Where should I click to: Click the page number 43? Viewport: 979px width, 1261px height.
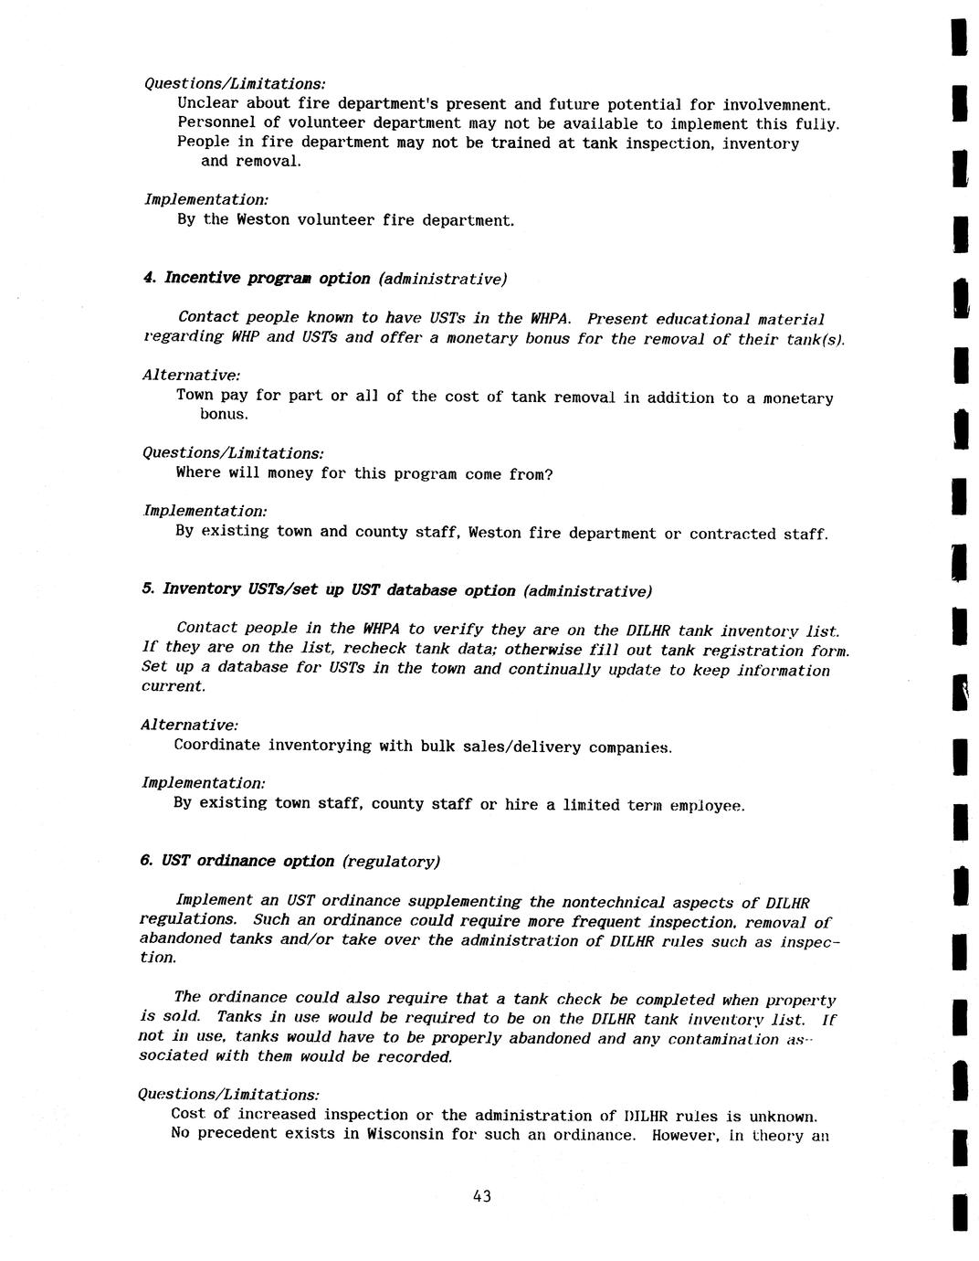(x=482, y=1196)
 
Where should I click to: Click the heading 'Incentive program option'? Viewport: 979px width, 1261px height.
(x=267, y=278)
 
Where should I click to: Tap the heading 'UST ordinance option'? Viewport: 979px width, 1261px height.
(x=247, y=861)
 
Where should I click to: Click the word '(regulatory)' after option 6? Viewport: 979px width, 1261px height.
(x=392, y=862)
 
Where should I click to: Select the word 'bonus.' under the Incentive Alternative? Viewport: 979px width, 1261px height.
(x=224, y=414)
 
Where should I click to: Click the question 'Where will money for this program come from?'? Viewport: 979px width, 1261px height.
(x=364, y=473)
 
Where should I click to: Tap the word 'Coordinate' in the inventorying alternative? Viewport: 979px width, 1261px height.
(x=217, y=745)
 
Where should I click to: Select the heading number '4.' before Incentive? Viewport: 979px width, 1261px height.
(x=149, y=278)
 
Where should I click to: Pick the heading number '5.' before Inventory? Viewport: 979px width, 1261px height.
(x=148, y=589)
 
